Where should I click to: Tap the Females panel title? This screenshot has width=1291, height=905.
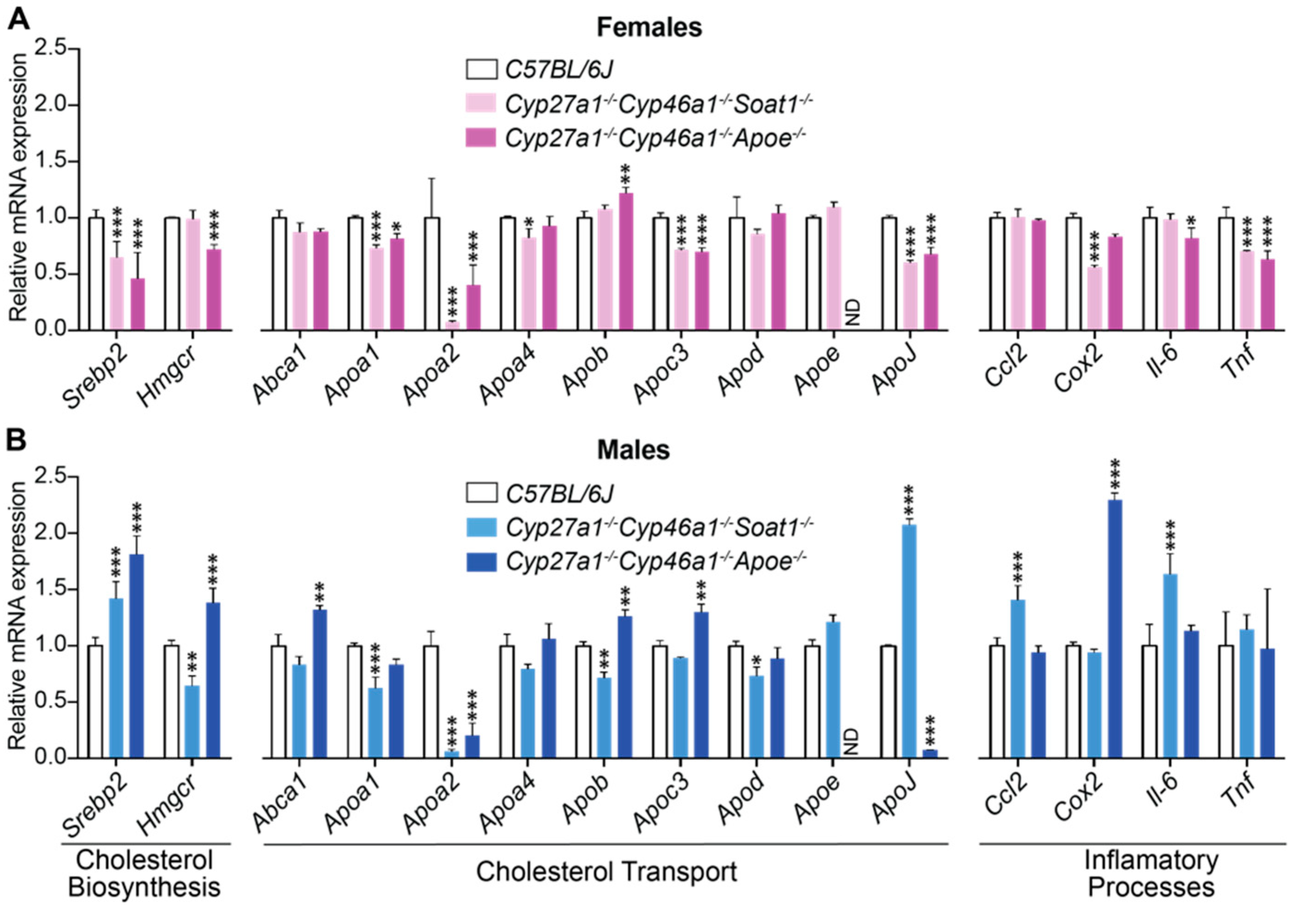click(649, 27)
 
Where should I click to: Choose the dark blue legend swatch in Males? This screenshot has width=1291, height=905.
click(482, 561)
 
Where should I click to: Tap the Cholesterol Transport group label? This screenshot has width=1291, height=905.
click(606, 872)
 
